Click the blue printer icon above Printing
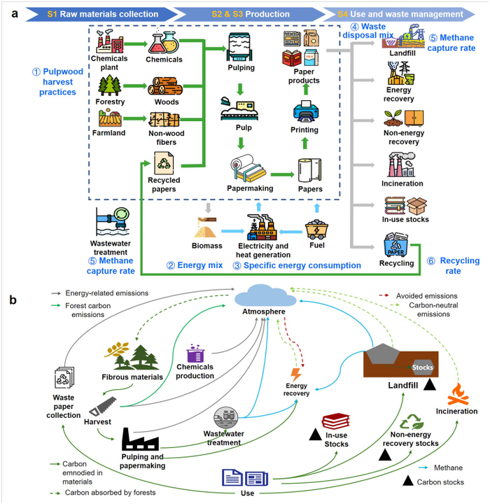(x=306, y=111)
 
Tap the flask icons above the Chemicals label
(x=163, y=42)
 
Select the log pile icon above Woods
(x=165, y=86)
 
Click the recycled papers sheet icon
(x=164, y=163)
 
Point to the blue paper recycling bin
(x=395, y=245)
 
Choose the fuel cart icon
(x=316, y=230)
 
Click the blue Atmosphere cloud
(x=265, y=295)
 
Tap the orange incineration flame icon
(x=458, y=394)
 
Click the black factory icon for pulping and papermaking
(x=140, y=439)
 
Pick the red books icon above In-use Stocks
(x=336, y=421)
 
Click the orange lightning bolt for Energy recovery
(x=296, y=374)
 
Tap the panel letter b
(x=13, y=300)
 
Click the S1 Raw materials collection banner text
(x=103, y=14)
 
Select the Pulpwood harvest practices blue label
(x=57, y=82)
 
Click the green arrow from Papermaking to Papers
(x=282, y=174)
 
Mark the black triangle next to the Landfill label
(x=430, y=384)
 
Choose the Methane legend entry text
(x=448, y=468)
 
